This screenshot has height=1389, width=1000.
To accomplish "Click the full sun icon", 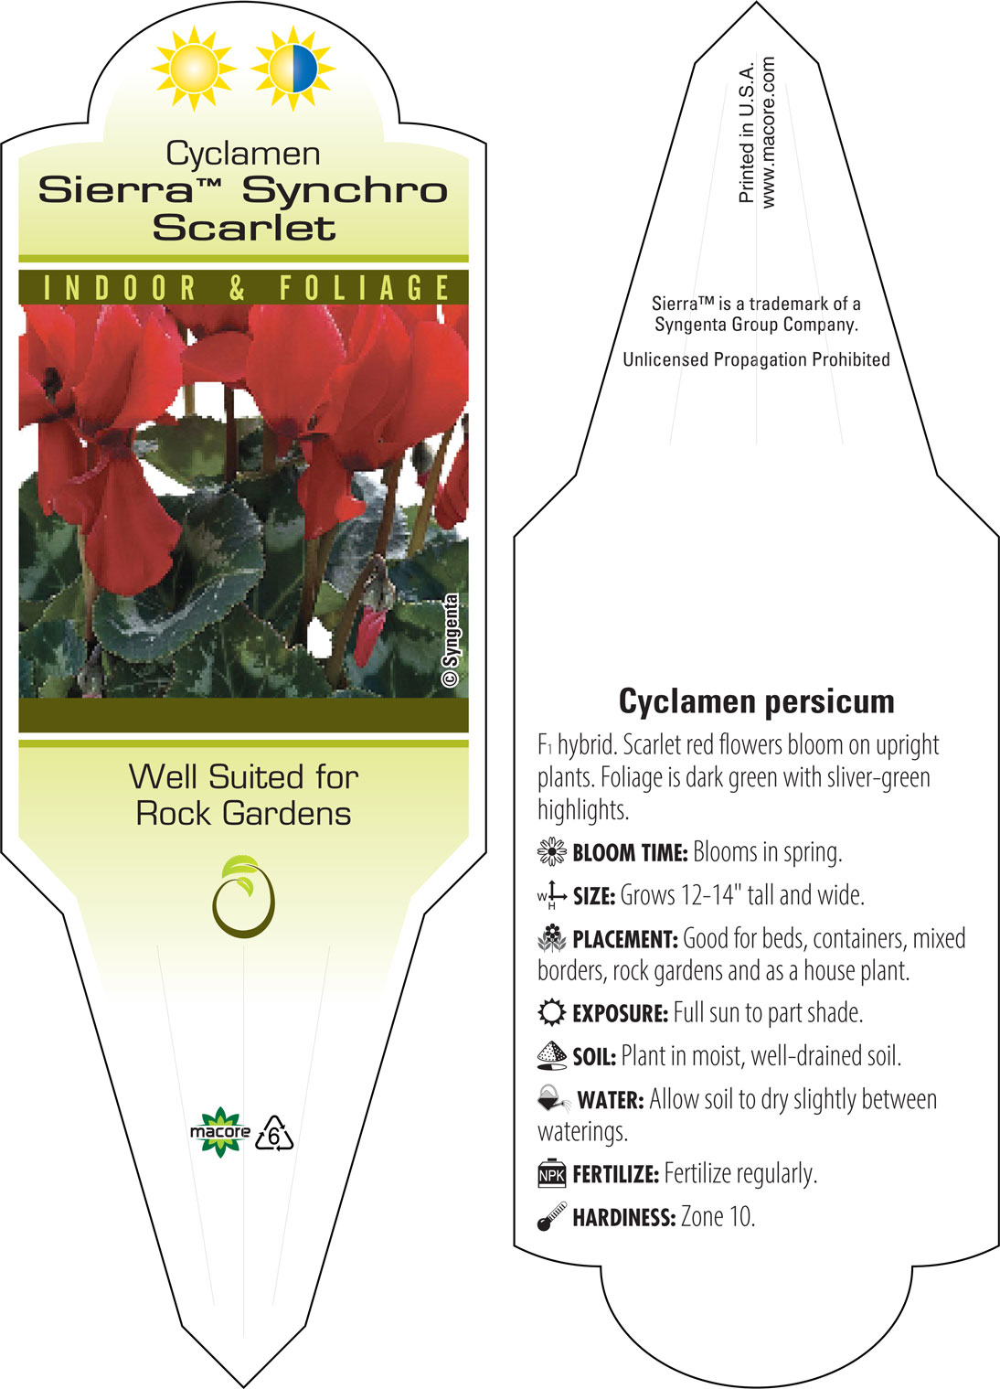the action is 194,69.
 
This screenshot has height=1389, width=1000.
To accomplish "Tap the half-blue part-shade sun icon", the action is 293,69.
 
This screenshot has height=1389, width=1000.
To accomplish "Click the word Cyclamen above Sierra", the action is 243,155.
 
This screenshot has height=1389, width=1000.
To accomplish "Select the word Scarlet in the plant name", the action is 244,228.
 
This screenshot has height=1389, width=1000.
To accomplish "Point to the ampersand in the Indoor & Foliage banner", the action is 238,288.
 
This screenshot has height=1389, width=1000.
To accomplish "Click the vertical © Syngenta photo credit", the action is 452,640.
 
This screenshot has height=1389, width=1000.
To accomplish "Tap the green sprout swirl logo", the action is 243,895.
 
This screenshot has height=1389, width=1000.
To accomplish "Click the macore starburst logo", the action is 219,1132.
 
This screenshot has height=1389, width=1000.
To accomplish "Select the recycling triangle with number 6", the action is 274,1134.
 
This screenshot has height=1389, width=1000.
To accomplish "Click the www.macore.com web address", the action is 768,132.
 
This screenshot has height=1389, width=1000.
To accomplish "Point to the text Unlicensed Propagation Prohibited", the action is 756,359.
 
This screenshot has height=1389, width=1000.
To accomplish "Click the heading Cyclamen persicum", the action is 756,702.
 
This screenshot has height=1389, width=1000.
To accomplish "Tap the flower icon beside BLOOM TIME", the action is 552,851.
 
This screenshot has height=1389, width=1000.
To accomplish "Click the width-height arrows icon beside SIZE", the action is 552,896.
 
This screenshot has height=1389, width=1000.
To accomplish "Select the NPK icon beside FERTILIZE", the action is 552,1174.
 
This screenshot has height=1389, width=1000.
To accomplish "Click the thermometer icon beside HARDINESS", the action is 552,1216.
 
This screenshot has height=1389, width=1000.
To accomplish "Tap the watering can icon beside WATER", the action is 554,1099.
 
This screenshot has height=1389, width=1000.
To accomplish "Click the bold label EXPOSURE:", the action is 621,1014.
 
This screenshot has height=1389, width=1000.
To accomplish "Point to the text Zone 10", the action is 718,1216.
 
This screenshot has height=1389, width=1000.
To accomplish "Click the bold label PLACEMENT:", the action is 625,939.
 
